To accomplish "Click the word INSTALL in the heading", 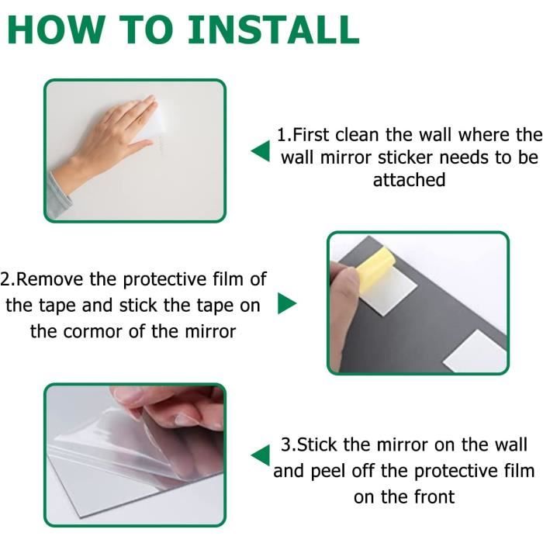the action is pos(273,29).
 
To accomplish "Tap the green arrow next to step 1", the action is pos(261,151).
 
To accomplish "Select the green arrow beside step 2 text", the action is pos(287,303).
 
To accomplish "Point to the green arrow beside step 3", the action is pos(261,455).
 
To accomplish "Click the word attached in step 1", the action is pos(409,180).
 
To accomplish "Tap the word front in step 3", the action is pos(434,497).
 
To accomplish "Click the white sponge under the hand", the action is pos(152,121).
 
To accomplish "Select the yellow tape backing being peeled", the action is pos(374,265).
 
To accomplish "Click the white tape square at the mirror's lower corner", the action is pos(475,351).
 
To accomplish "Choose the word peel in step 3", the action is pos(327,472).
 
